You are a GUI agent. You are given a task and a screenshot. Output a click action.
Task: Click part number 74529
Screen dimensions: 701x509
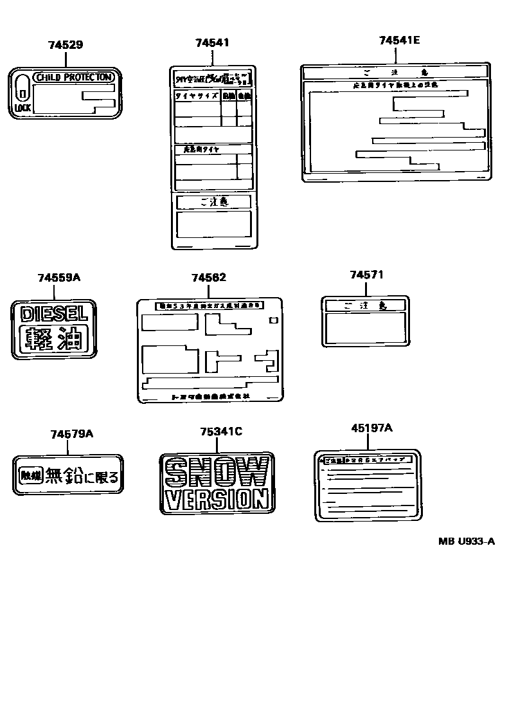click(x=65, y=45)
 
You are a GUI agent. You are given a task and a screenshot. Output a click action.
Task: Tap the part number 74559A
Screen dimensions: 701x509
click(x=58, y=277)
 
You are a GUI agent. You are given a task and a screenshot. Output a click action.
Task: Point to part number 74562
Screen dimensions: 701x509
click(x=208, y=277)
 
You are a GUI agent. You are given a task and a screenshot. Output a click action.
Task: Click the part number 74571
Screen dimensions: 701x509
click(x=366, y=275)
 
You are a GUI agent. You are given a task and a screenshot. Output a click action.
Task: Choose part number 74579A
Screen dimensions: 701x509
click(x=71, y=434)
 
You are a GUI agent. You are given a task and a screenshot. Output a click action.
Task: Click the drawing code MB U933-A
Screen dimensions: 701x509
click(x=467, y=541)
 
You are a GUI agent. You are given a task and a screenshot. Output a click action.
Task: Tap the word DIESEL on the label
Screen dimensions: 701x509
click(x=54, y=314)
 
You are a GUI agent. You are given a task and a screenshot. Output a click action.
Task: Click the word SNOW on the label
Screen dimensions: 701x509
click(x=217, y=473)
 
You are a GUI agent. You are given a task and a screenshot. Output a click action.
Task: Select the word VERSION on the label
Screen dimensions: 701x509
click(x=217, y=498)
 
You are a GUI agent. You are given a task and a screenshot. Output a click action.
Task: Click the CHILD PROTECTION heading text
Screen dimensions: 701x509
click(x=75, y=77)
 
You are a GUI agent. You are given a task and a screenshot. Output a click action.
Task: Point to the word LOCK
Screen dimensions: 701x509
click(x=22, y=108)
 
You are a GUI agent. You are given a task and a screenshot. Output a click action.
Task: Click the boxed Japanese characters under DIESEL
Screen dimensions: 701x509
click(x=54, y=338)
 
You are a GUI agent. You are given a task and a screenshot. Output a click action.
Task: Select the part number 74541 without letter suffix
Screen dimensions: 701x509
click(x=212, y=42)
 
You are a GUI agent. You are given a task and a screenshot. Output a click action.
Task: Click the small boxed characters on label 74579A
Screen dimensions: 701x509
click(x=30, y=476)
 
